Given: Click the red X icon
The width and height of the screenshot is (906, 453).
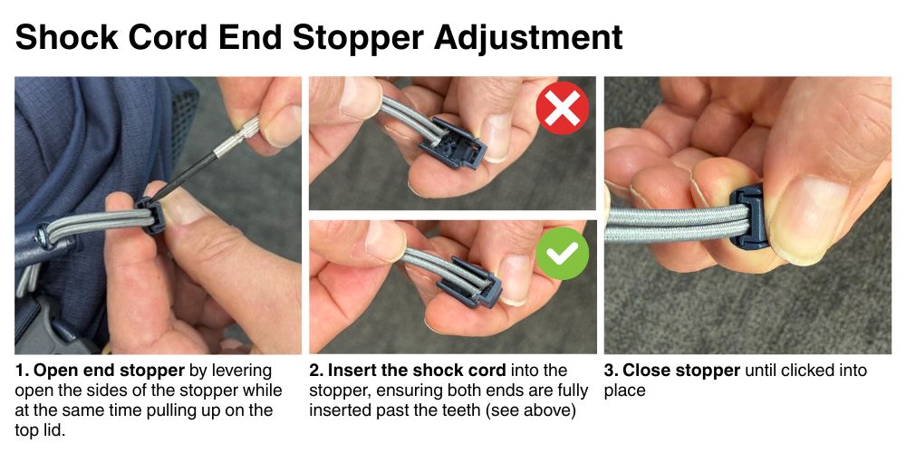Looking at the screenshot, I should pos(563,110).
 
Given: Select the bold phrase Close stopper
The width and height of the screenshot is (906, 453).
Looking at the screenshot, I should pos(680,371).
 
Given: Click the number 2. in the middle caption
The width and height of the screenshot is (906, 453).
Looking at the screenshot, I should pos(316,371).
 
